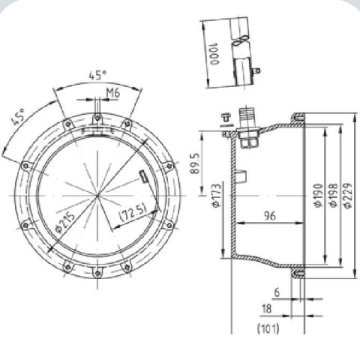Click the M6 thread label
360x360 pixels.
pos(113,93)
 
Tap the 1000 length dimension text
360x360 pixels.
pos(214,54)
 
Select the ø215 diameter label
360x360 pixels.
pos(64,223)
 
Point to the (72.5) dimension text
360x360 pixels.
pos(133,213)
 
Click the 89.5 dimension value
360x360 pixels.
pos(195,163)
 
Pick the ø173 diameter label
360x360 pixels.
pos(217,196)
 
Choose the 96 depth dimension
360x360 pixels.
pos(270,216)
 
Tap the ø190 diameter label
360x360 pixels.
pos(318,196)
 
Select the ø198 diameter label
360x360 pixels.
pos(333,196)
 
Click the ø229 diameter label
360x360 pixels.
pos(348,196)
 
